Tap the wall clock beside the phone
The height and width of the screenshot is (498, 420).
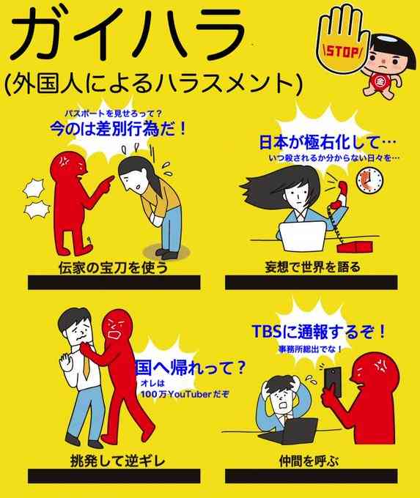pos(369,180)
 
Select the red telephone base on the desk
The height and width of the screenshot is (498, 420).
pos(355,246)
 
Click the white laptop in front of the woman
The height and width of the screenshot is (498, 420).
pos(303,235)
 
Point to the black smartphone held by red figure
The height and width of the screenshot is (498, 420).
pos(333,381)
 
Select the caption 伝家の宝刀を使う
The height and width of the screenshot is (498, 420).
pos(113,267)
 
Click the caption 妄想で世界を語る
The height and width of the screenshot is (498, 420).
pos(313,267)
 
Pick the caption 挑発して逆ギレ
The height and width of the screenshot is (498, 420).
pos(117,461)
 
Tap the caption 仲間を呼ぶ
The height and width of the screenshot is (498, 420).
pos(309,461)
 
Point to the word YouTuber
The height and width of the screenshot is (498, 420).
pos(190,395)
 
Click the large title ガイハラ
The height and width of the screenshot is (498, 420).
pos(129,34)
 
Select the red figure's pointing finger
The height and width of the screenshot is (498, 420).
pos(108,180)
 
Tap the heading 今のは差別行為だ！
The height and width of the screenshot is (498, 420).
pos(117,129)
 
